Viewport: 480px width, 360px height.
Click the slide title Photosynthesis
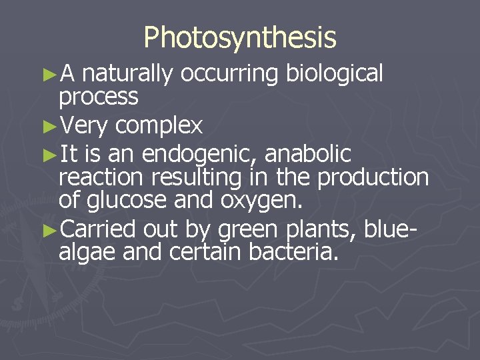click(240, 38)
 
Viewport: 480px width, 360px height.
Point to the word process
click(99, 98)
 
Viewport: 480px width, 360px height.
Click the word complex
click(159, 125)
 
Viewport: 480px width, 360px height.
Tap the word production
click(373, 177)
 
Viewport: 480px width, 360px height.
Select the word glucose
click(127, 201)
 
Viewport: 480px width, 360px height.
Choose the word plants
click(323, 229)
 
